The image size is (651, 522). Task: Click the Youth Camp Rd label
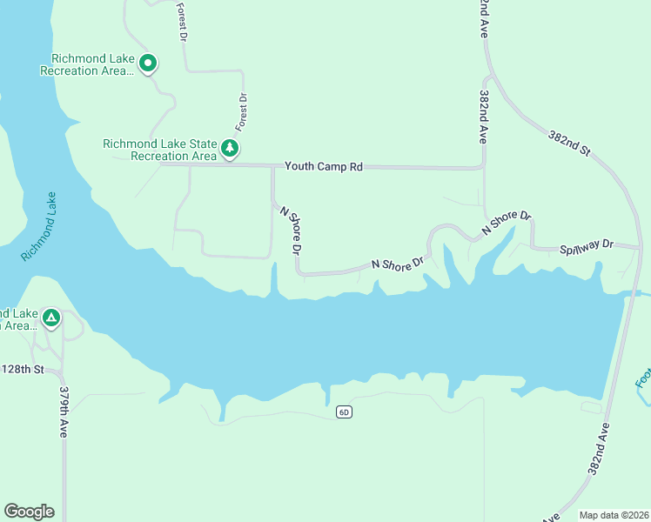(x=324, y=166)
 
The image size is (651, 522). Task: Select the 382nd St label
(x=569, y=143)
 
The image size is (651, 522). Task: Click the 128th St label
(x=22, y=369)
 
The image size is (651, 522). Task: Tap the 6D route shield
(x=344, y=412)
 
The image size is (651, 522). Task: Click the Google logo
(x=29, y=511)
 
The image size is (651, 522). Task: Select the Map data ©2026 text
(x=614, y=514)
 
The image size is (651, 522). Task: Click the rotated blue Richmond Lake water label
(x=39, y=226)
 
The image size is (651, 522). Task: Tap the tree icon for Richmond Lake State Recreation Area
(x=230, y=149)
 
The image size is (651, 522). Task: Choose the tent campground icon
(x=51, y=318)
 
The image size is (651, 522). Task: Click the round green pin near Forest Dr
(x=148, y=64)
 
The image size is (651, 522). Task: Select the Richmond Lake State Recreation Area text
(x=159, y=150)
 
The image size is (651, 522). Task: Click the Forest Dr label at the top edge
(x=182, y=21)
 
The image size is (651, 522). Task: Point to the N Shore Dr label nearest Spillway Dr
(x=507, y=224)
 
